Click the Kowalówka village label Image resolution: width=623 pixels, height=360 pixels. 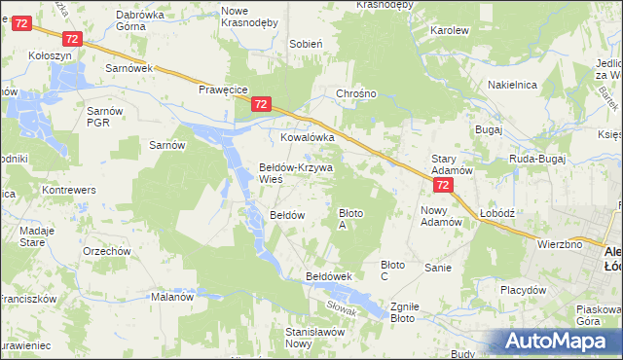pyautogui.click(x=308, y=137)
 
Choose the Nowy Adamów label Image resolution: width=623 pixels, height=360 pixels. pyautogui.click(x=440, y=215)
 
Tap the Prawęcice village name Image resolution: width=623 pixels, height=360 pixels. pyautogui.click(x=221, y=89)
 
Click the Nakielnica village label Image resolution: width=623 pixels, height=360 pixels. pyautogui.click(x=513, y=85)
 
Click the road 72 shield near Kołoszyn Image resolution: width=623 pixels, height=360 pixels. pyautogui.click(x=70, y=38)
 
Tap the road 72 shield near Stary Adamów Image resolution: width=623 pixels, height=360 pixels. pyautogui.click(x=443, y=185)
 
